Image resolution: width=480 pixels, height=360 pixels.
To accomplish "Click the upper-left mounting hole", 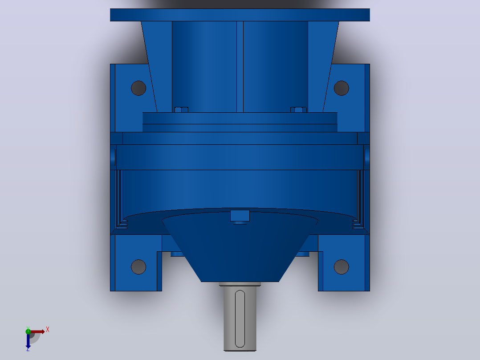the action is point(138,88).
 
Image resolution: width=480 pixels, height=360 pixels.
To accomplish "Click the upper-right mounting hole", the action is point(342,88).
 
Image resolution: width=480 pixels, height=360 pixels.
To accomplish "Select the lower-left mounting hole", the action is point(138,267).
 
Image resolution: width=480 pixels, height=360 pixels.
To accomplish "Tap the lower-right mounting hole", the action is point(342,267).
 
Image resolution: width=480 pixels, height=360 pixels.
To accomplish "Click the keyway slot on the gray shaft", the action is point(240,319).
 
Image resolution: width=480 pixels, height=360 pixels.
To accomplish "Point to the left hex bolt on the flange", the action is point(181,110).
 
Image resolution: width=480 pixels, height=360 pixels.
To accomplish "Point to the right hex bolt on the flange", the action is point(298,110).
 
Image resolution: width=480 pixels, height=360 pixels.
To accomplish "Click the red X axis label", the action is point(48,330).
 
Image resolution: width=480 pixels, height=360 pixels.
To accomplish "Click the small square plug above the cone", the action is point(240,215).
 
